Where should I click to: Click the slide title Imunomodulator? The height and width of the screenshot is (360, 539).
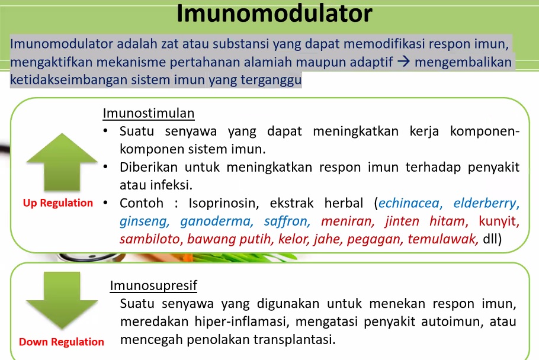[274, 14]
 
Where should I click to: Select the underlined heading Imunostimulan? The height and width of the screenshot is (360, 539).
[149, 112]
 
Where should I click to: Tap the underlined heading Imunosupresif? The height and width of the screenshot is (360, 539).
[153, 285]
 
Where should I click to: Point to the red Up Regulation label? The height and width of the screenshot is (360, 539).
[58, 203]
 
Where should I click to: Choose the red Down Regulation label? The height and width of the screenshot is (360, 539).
[62, 342]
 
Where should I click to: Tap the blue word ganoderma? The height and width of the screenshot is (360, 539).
[216, 221]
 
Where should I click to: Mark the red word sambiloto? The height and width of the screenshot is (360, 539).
[151, 239]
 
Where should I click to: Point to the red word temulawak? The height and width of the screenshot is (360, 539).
[449, 239]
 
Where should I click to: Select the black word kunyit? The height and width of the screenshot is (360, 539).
[497, 221]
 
